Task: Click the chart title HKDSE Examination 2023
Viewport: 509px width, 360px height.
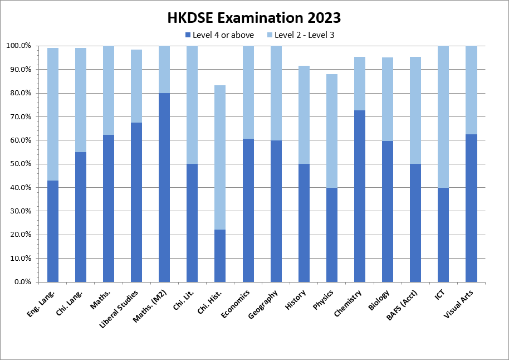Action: pyautogui.click(x=254, y=18)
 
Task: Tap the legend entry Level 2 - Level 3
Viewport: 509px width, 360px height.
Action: pyautogui.click(x=304, y=35)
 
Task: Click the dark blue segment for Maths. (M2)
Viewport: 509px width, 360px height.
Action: pyautogui.click(x=164, y=187)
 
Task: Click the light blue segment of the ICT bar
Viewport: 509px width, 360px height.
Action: pyautogui.click(x=443, y=117)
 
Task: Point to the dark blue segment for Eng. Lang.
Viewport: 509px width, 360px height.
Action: pyautogui.click(x=53, y=231)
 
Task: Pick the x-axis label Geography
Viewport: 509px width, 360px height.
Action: pyautogui.click(x=263, y=305)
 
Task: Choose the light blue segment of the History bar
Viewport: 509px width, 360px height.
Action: pyautogui.click(x=304, y=115)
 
